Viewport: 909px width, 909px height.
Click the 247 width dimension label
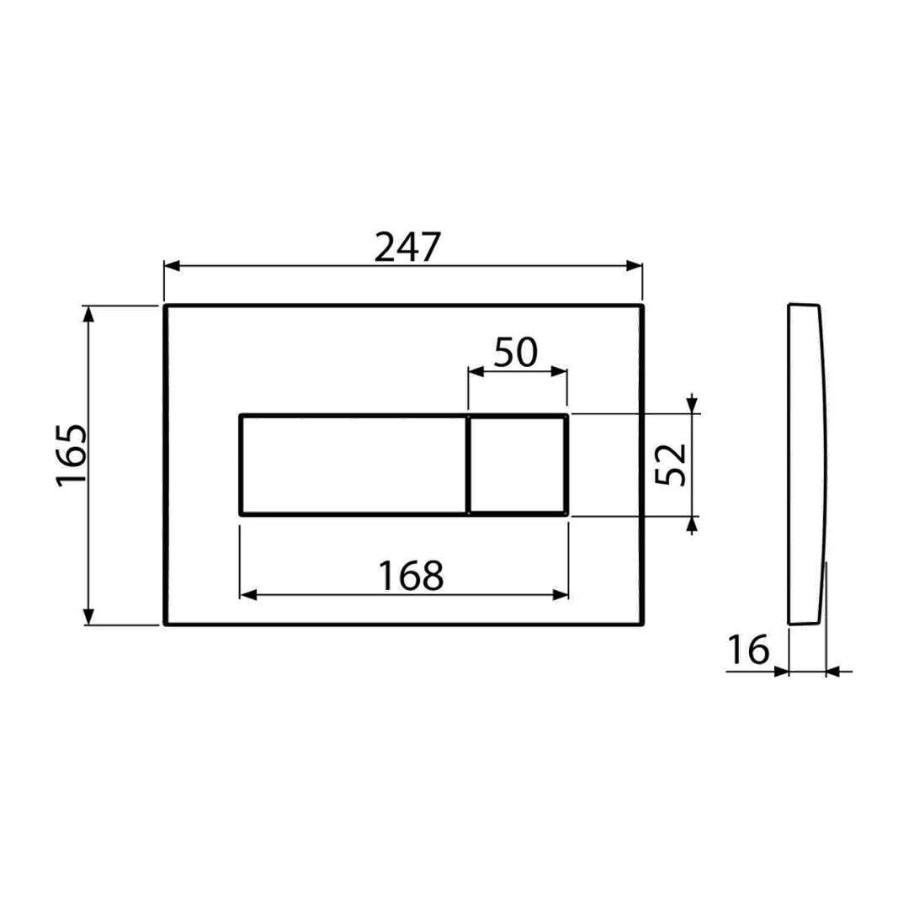(407, 247)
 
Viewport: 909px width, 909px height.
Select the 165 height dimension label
(72, 455)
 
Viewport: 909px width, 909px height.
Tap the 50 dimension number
(516, 352)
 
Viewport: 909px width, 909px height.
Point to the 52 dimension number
(670, 465)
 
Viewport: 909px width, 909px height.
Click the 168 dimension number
(411, 577)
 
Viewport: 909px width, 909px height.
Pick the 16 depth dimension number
(748, 650)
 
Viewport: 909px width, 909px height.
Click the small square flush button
(517, 465)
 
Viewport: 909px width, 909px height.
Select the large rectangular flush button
(353, 465)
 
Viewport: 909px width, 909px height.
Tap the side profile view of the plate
(806, 464)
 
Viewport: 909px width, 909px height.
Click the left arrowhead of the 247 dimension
(173, 266)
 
